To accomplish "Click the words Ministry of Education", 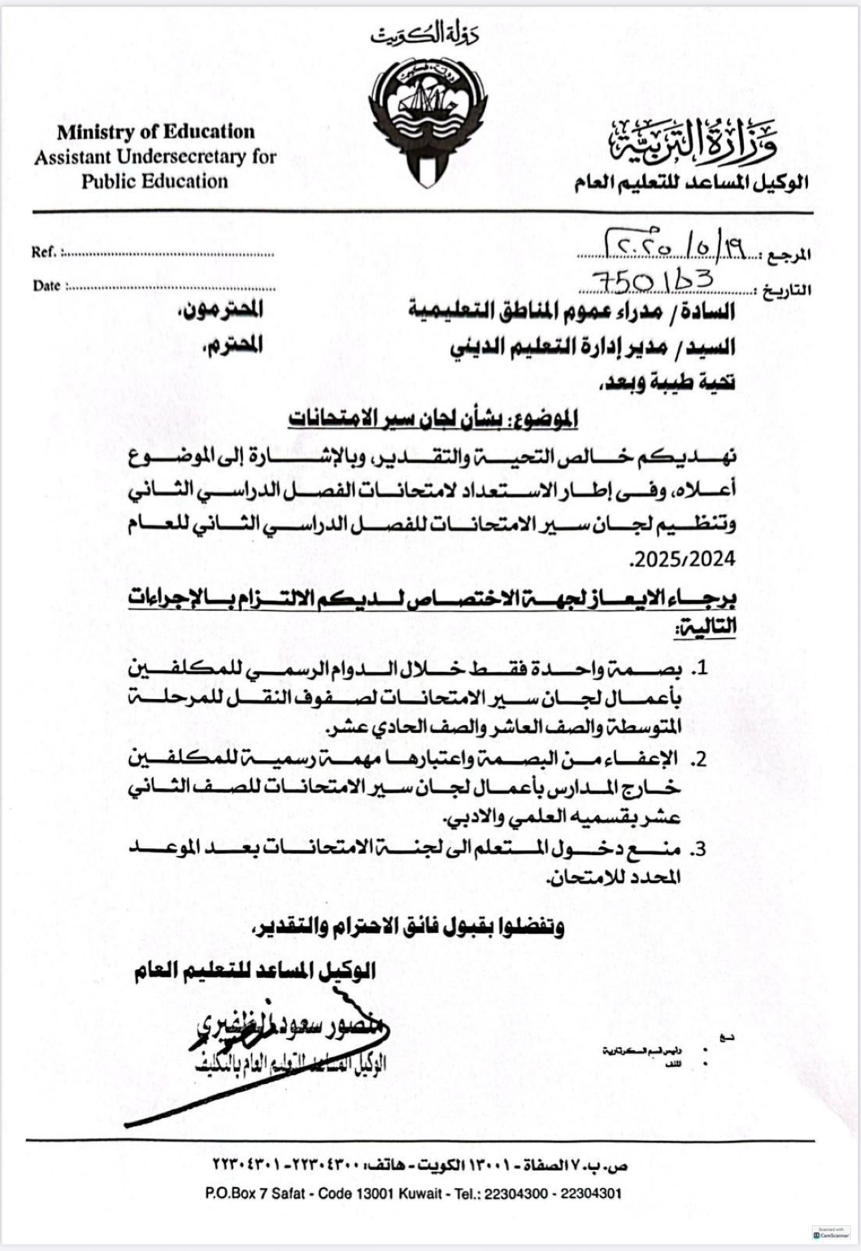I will tap(156, 132).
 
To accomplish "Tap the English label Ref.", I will tap(44, 253).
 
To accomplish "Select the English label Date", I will tap(47, 286).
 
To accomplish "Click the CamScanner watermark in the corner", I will tap(829, 1232).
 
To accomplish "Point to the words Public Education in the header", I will tap(154, 181).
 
